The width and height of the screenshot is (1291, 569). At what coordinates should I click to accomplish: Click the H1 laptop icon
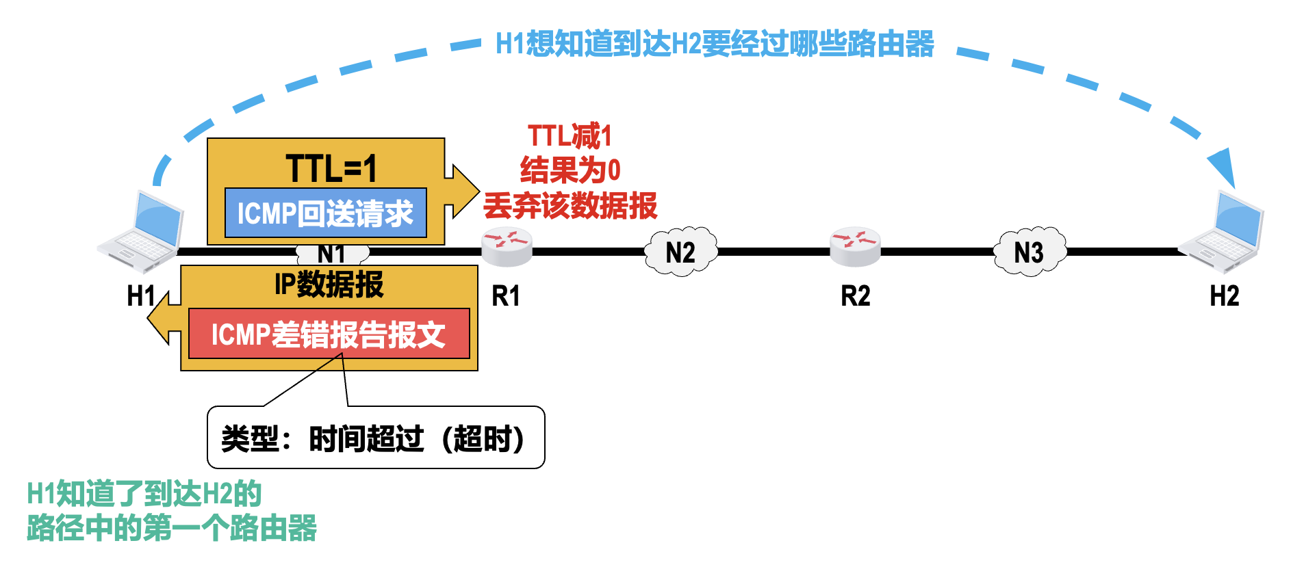142,233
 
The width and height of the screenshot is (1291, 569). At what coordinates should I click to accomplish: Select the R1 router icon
507,247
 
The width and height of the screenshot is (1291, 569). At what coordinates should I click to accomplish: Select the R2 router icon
855,247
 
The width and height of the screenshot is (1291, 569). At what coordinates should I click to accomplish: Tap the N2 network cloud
680,252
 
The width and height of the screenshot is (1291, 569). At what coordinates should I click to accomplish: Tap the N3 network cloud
1029,252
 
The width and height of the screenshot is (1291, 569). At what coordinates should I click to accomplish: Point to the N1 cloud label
332,254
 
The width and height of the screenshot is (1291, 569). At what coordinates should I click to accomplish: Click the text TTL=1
331,168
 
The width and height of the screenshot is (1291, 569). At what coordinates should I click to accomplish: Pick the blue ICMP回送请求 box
326,213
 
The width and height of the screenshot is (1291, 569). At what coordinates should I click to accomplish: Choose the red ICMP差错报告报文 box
329,334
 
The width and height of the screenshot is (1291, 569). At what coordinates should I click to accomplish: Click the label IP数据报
329,284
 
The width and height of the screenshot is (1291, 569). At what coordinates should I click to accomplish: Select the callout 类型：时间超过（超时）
376,438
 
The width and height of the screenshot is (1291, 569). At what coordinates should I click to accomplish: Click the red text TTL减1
570,135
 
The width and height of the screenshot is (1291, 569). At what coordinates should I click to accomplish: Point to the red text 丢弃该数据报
570,205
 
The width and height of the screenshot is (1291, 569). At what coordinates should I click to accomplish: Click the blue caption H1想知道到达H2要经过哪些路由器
715,44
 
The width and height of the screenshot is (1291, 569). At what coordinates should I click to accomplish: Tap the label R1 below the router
506,296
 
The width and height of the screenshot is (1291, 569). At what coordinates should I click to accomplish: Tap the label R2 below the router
855,296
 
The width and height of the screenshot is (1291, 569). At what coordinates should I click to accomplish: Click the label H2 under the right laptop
1225,296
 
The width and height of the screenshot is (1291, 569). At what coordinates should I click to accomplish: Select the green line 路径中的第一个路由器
172,528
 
